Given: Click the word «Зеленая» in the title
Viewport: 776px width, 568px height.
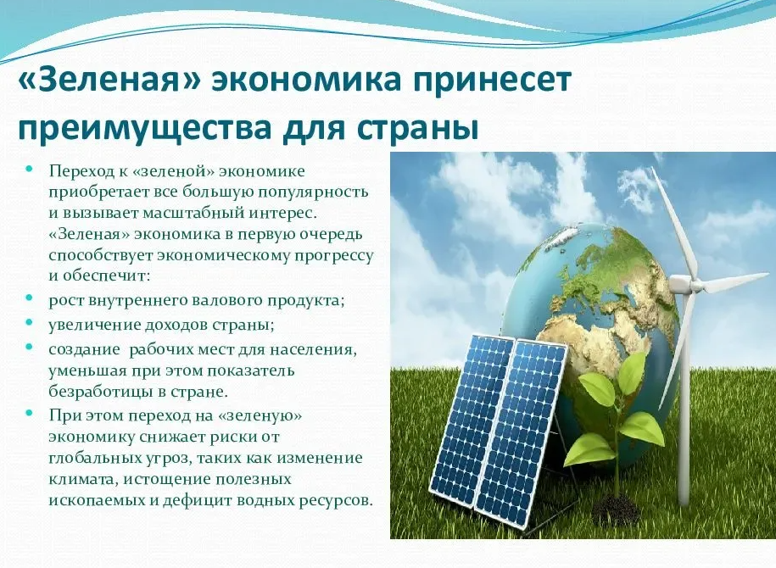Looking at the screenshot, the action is [x=109, y=81].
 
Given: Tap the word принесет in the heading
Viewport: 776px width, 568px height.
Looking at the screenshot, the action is [x=493, y=81].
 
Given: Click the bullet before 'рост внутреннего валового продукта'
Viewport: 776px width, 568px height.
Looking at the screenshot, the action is [x=30, y=298].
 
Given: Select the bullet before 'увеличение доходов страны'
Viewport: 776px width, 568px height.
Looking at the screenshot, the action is [x=30, y=322].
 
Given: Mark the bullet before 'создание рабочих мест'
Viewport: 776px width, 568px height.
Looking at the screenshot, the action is [x=30, y=347].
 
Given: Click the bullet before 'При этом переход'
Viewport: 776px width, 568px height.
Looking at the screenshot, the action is [x=30, y=412].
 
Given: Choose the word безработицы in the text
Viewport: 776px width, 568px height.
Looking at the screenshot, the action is [x=101, y=392].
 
